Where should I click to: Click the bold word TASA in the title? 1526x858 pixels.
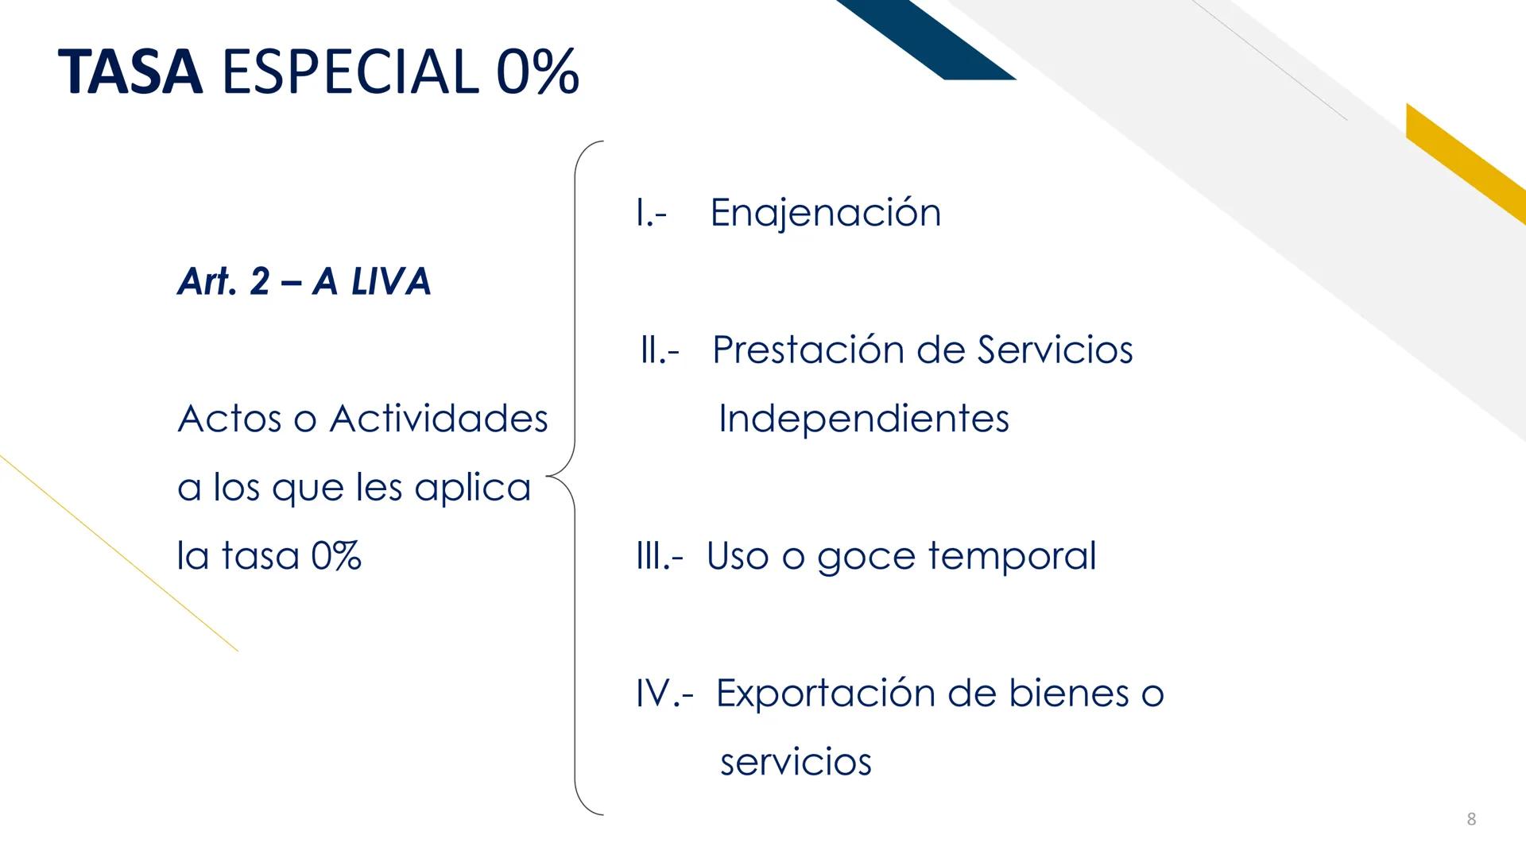click(x=130, y=72)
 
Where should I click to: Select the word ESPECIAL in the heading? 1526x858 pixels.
click(x=351, y=72)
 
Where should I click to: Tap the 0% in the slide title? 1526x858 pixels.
click(x=537, y=72)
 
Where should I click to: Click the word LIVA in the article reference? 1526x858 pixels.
click(x=390, y=281)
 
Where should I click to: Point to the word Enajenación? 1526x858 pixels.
click(x=825, y=213)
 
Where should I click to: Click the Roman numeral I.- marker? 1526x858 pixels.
click(x=651, y=213)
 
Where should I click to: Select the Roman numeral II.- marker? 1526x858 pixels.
click(x=660, y=350)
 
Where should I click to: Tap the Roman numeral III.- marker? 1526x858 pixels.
click(x=659, y=556)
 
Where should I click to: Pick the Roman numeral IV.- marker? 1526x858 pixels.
click(x=664, y=694)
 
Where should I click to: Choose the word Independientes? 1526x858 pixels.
click(x=863, y=419)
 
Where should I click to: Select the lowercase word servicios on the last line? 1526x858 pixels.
click(x=796, y=763)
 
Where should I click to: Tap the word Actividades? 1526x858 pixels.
click(x=439, y=419)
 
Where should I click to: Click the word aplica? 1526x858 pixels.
click(x=472, y=488)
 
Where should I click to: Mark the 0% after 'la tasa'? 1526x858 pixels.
click(x=336, y=556)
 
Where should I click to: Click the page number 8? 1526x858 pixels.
click(x=1471, y=819)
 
